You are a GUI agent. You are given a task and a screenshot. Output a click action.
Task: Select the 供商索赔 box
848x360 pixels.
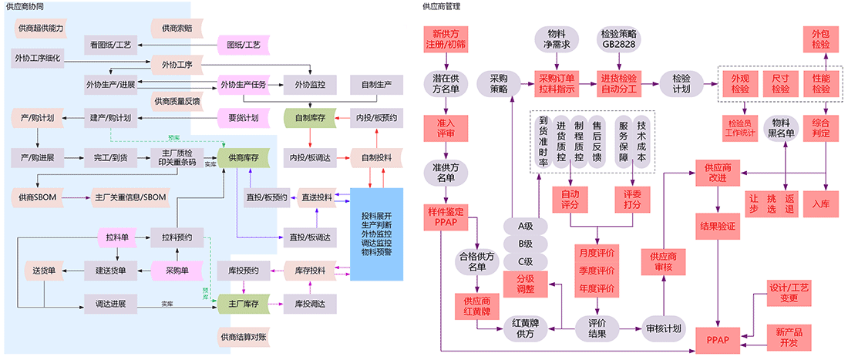tap(177, 29)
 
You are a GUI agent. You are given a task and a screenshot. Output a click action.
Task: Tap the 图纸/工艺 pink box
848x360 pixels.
tap(241, 45)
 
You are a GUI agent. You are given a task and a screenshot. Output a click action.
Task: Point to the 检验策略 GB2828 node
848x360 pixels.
tap(618, 39)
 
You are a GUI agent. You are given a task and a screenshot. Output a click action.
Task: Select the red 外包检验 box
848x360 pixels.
tap(820, 39)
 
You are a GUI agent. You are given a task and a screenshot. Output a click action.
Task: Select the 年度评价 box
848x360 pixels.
tap(596, 289)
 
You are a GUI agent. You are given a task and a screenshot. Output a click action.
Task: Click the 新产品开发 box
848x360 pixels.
tap(783, 336)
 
